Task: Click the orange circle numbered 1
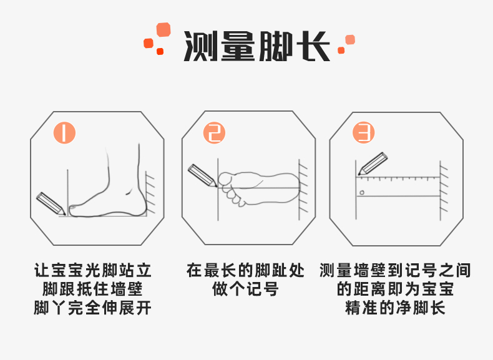[x=64, y=133]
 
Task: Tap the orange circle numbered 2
[x=215, y=133]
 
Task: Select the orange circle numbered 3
[x=363, y=133]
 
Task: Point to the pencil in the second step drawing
[x=202, y=175]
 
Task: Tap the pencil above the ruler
[x=373, y=164]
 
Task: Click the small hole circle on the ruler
[x=362, y=192]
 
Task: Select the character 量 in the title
[x=238, y=46]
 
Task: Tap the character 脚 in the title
[x=275, y=46]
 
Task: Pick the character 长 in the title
[x=312, y=46]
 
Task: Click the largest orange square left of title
[x=164, y=30]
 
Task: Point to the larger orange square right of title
[x=350, y=40]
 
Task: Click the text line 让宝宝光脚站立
[x=93, y=270]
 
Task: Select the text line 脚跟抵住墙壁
[x=93, y=289]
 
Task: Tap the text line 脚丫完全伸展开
[x=93, y=308]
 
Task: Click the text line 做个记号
[x=245, y=289]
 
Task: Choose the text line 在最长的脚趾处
[x=245, y=270]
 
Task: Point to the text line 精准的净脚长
[x=395, y=308]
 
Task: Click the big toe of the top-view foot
[x=225, y=179]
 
